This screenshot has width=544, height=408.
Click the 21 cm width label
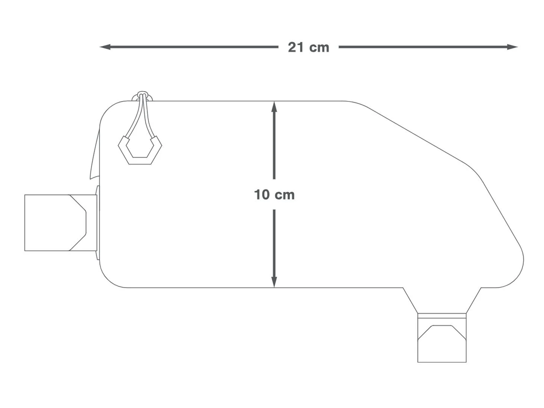[309, 47]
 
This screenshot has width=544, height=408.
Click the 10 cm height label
[274, 194]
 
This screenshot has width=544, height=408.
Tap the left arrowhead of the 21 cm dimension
[105, 47]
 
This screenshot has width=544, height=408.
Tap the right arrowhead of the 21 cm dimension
[512, 47]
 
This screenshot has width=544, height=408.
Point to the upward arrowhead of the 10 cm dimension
[274, 107]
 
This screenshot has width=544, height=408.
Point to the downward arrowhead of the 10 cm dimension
[274, 282]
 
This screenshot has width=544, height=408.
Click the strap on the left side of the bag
[60, 223]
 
